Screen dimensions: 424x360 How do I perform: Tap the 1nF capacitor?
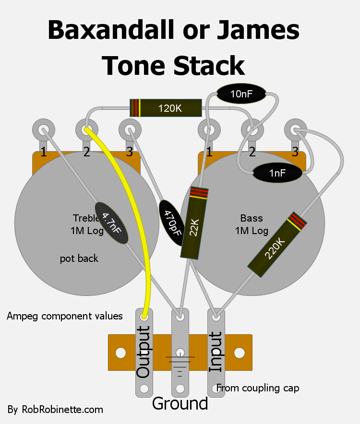(277, 173)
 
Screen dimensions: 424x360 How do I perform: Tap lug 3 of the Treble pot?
(129, 130)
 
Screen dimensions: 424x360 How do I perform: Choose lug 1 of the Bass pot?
(209, 130)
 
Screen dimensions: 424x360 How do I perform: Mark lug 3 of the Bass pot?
(295, 130)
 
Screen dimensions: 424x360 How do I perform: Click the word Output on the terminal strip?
(144, 352)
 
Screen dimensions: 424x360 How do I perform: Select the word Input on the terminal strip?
(216, 352)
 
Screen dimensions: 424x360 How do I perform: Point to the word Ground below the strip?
(180, 403)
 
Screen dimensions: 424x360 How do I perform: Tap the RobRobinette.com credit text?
(55, 410)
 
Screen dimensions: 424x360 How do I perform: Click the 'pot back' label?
(79, 259)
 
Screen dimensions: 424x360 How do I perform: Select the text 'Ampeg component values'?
(65, 316)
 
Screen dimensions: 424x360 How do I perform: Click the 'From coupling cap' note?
(257, 388)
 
